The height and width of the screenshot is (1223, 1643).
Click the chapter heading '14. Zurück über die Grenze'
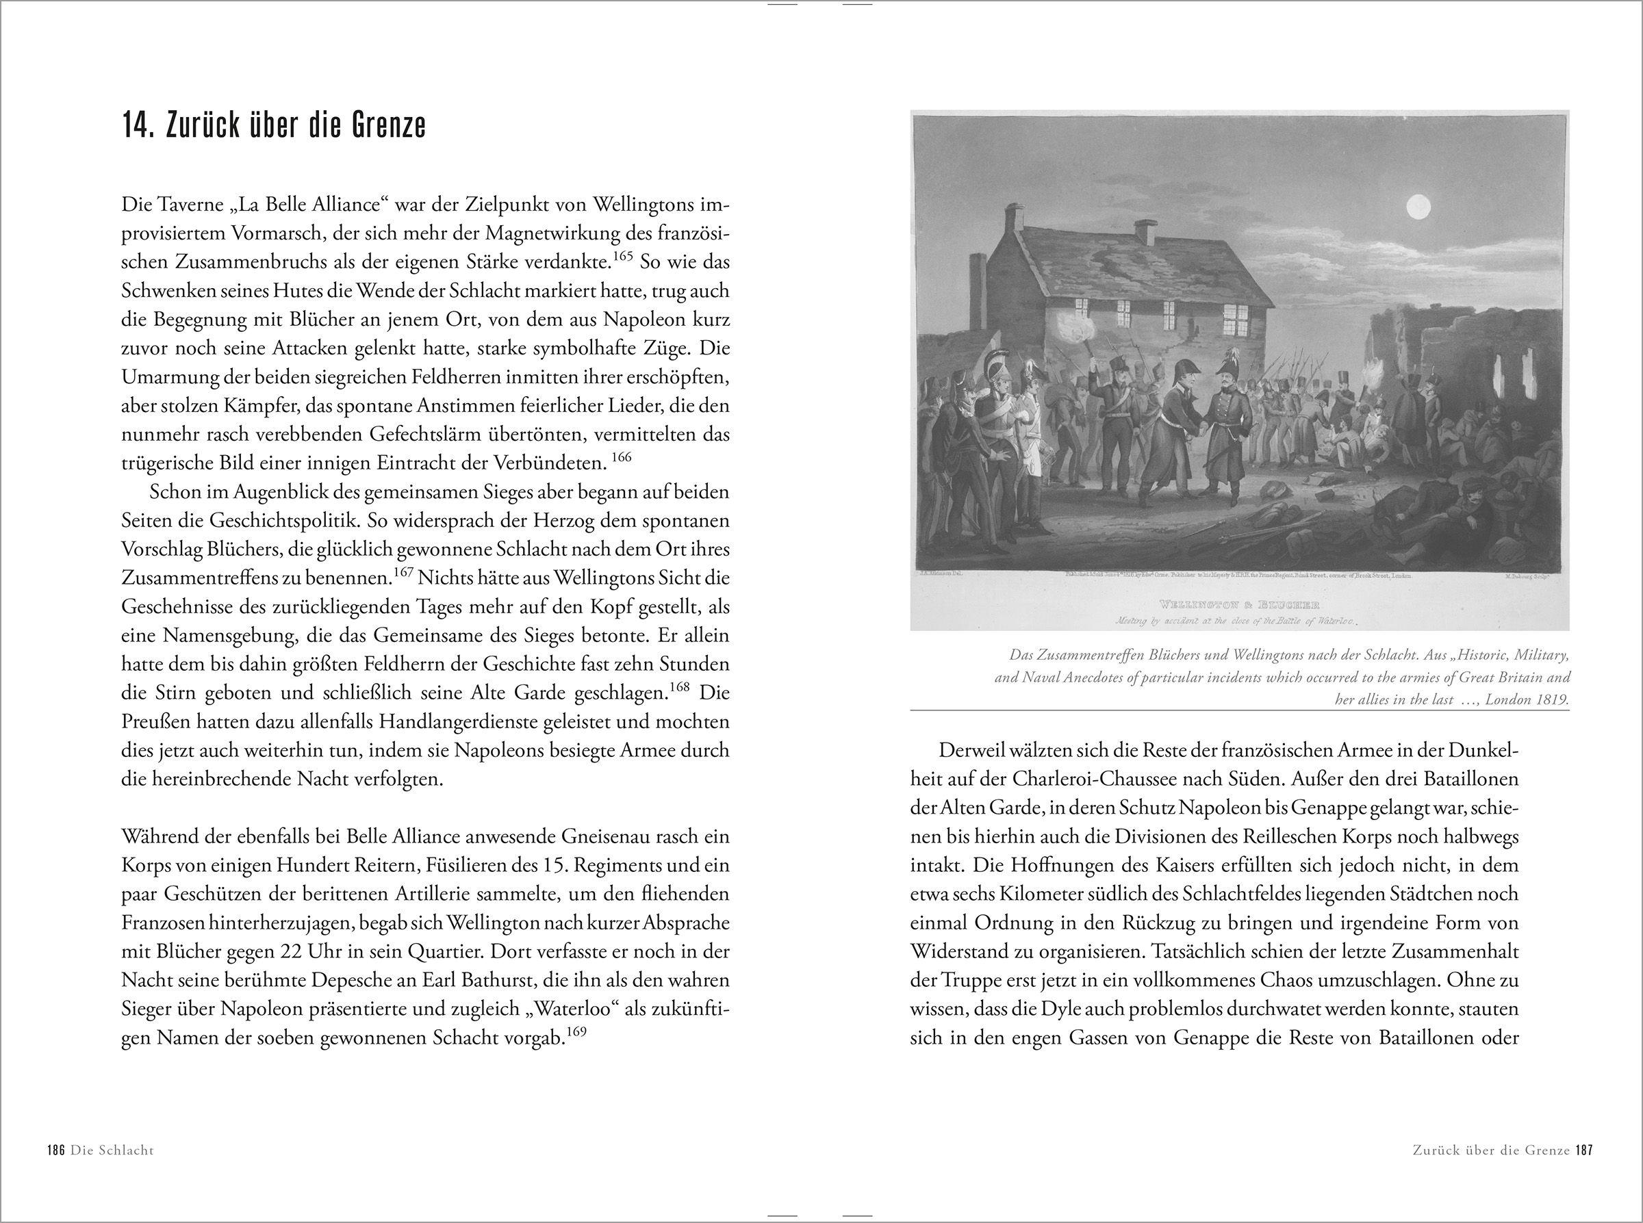click(x=274, y=127)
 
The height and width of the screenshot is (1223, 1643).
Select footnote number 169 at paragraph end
click(x=576, y=1032)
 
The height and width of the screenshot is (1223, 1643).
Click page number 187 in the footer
click(x=1583, y=1170)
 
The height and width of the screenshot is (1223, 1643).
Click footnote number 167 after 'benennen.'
click(x=402, y=573)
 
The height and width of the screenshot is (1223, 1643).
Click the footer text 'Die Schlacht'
click(x=112, y=1170)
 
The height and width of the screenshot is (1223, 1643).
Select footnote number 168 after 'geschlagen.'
click(x=679, y=688)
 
